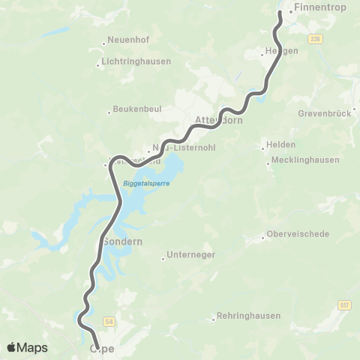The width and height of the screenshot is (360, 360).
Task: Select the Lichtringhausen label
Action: [136, 61]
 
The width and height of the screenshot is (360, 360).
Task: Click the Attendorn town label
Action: [218, 120]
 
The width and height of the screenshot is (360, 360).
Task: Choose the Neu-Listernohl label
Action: [184, 148]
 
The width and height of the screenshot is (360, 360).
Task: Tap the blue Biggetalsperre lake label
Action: [145, 183]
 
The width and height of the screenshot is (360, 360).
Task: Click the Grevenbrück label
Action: [325, 114]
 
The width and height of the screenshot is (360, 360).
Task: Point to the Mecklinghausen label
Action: [306, 160]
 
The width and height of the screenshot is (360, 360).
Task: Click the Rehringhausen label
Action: [248, 316]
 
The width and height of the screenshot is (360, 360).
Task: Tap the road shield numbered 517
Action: [344, 304]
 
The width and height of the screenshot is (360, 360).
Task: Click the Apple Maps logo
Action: [27, 347]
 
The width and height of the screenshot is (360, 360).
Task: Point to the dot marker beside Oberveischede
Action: [263, 238]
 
